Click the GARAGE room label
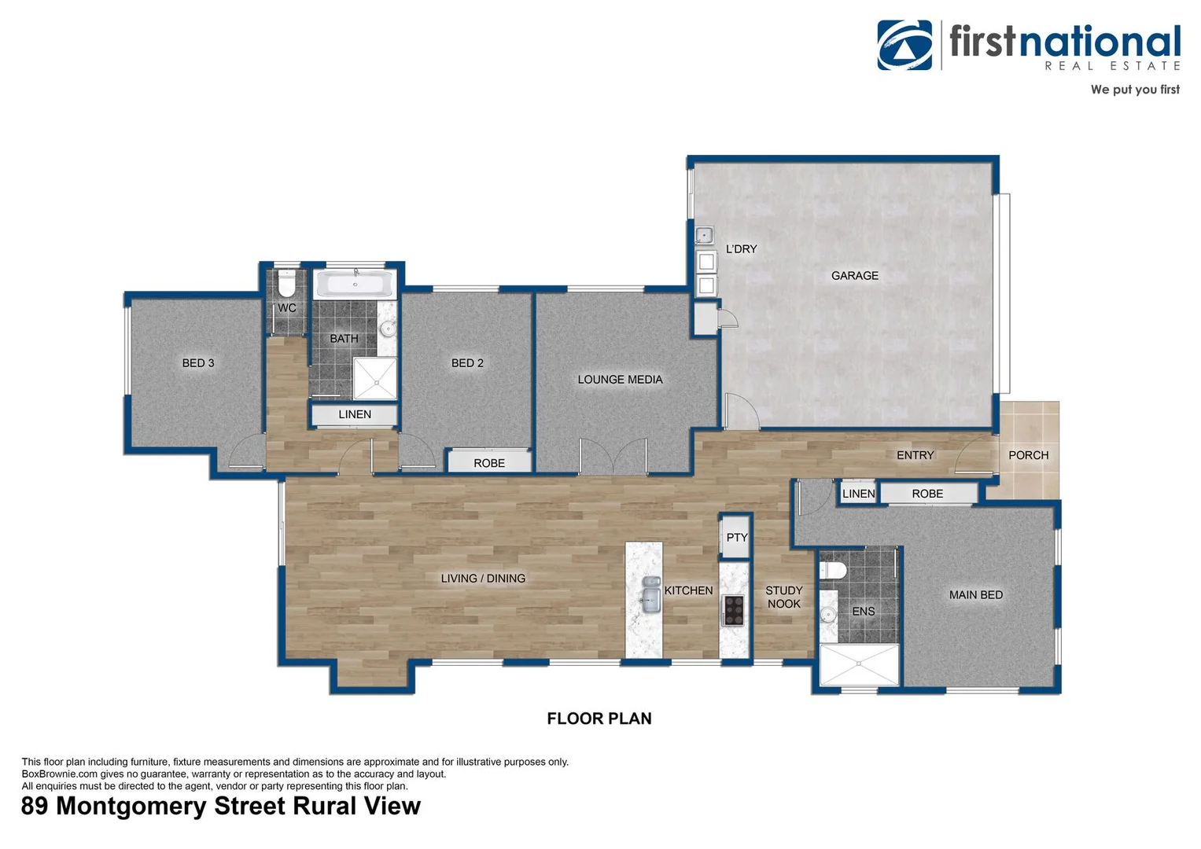[x=854, y=275]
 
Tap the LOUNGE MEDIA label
[x=620, y=380]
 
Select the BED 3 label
[x=198, y=363]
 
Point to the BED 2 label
[x=467, y=363]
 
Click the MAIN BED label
[x=975, y=595]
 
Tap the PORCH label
[x=1028, y=455]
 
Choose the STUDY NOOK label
[x=783, y=597]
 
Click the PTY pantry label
[x=737, y=538]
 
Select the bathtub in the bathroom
[x=355, y=285]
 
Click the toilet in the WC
[x=286, y=281]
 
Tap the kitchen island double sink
[x=650, y=594]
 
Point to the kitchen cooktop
[x=733, y=610]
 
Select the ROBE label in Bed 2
[x=489, y=463]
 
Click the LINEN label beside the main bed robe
[x=858, y=494]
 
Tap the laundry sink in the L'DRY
[x=704, y=234]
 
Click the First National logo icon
[x=904, y=46]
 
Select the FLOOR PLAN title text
[x=599, y=719]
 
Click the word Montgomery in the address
[x=131, y=807]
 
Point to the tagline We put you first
[x=1134, y=90]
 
